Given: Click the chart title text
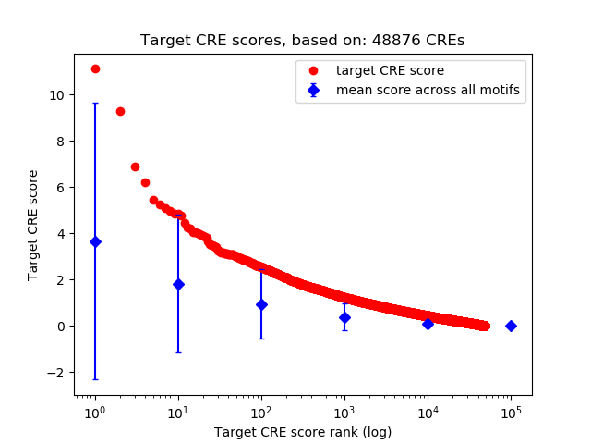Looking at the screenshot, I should coord(302,41).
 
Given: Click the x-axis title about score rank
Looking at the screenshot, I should coord(302,432).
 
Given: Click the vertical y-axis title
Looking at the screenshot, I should coord(33,225).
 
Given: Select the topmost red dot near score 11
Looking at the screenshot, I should coord(95,69).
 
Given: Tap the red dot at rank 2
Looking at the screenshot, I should coord(120,111).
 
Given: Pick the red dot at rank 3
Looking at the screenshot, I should coord(135,166).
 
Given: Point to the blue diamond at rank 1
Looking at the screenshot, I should coord(95,241).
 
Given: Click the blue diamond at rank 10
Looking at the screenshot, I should coord(178,284).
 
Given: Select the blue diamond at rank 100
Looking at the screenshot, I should coord(261,304).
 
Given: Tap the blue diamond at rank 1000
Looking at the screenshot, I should coord(344,317).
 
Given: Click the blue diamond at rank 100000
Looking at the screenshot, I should coord(511,326).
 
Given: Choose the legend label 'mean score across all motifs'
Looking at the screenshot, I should coord(427,90).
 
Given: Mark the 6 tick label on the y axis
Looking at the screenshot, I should coord(61,187).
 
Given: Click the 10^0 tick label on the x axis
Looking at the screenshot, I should coord(94,412).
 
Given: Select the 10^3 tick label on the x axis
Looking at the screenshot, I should coord(344,412).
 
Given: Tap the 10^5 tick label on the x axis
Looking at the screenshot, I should coord(510,412).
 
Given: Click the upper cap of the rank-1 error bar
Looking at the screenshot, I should coord(95,104).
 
